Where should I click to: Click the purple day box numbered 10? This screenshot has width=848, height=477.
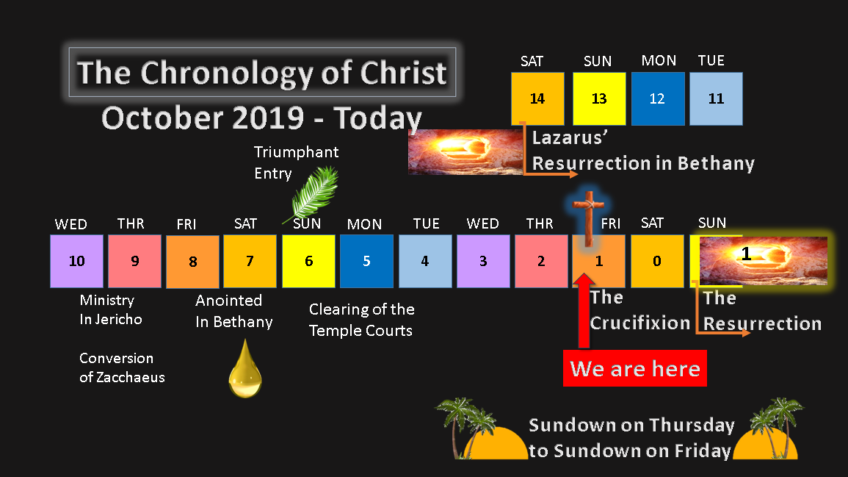[77, 261]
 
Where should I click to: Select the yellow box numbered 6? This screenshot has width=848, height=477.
[308, 261]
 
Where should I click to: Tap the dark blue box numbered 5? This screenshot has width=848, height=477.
[366, 261]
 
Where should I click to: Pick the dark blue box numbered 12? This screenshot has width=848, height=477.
[658, 98]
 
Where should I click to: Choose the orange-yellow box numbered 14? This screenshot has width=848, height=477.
[537, 98]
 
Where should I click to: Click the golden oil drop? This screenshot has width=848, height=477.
[245, 369]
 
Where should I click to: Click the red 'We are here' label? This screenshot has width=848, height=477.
[635, 368]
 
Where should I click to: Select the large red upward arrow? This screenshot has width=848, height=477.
[584, 309]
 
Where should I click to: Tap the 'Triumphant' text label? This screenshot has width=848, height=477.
[297, 152]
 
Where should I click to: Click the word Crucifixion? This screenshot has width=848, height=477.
[640, 323]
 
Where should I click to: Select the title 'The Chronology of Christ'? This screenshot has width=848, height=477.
[262, 73]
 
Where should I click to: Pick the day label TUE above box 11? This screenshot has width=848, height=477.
[711, 61]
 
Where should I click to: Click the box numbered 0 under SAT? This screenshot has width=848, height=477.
[657, 261]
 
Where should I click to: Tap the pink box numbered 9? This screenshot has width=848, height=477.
[134, 261]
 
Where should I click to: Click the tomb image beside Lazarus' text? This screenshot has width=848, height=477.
[465, 152]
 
